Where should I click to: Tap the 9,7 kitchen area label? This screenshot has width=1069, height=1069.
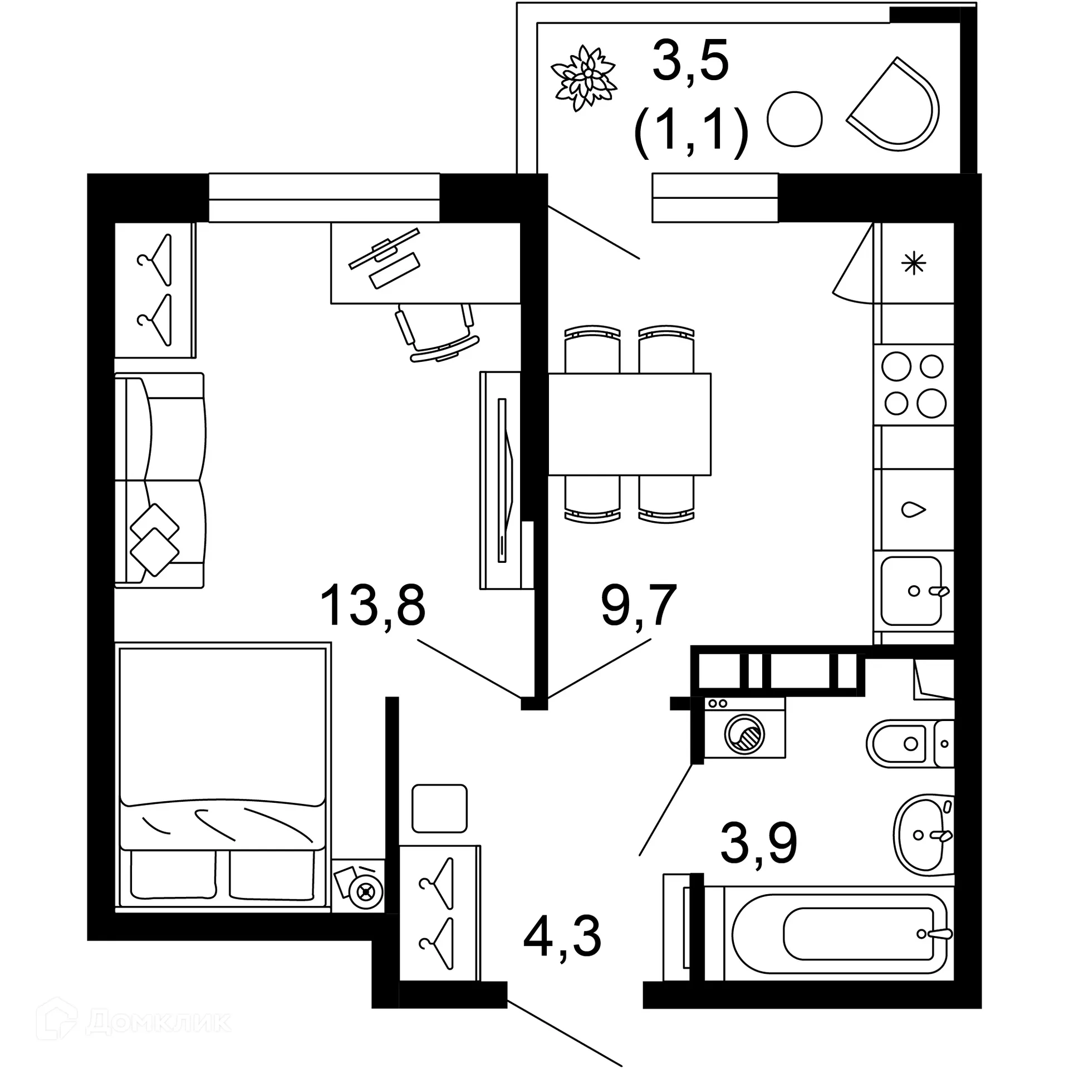click(x=639, y=606)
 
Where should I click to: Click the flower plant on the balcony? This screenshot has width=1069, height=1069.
click(x=583, y=78)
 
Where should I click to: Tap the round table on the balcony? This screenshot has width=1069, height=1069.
click(x=795, y=119)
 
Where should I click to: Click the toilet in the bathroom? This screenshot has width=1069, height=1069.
click(x=908, y=743)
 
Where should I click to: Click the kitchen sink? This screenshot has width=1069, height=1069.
click(x=912, y=591)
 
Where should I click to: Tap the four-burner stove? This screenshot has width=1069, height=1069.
click(x=914, y=385)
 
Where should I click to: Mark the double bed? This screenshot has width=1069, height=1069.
click(x=222, y=777)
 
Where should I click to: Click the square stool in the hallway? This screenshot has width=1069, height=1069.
click(x=439, y=808)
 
